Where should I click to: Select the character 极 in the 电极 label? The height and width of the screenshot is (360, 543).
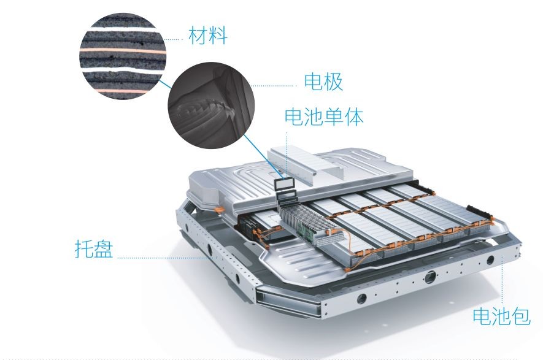tap(333, 82)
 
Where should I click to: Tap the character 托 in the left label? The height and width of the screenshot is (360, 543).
tap(83, 250)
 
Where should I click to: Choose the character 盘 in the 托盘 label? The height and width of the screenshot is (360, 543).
tap(103, 250)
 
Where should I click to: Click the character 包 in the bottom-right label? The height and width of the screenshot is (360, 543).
tap(518, 316)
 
